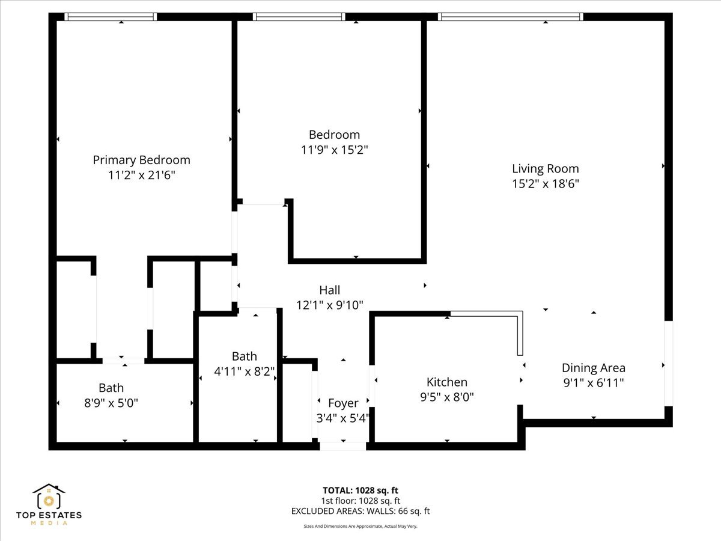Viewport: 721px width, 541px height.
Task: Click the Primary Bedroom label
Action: [x=141, y=160]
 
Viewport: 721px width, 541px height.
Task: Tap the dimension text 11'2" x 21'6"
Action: [x=141, y=175]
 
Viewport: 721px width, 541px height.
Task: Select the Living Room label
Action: [x=545, y=168]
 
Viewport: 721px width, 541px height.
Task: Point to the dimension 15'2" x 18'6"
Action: [x=545, y=184]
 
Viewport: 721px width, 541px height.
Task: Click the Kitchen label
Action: [x=446, y=382]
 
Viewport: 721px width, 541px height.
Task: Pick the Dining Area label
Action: [x=593, y=367]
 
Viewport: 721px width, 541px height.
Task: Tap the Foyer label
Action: [x=343, y=403]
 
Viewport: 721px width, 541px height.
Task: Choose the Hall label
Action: [x=329, y=290]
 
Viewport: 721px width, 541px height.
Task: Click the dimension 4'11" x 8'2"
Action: [x=244, y=371]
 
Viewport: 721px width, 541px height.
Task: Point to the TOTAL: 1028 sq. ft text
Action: [x=360, y=491]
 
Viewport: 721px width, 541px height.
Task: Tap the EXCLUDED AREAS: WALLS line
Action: [x=360, y=512]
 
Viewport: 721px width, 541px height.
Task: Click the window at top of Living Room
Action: [x=511, y=17]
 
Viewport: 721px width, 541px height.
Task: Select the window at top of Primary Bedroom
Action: [x=111, y=17]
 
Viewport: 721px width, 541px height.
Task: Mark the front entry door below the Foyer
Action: [x=342, y=446]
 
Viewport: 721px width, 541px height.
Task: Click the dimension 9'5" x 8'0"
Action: [x=446, y=397]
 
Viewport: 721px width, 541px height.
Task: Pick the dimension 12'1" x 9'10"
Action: [x=329, y=305]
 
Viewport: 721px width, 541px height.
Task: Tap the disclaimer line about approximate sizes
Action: [x=360, y=526]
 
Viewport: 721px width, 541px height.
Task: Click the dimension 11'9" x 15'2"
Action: [x=334, y=150]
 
